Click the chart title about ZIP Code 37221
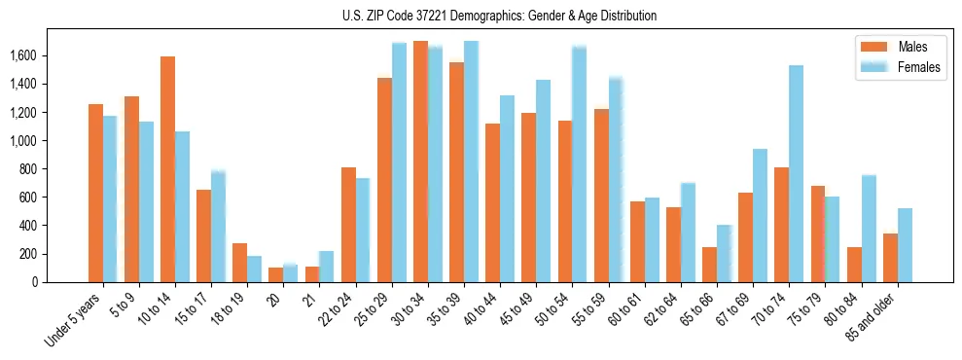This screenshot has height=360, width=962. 500,16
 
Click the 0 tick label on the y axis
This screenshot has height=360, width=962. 34,282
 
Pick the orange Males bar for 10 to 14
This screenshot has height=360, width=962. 167,169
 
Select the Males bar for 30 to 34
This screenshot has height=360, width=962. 420,162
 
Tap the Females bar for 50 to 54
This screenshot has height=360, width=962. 579,164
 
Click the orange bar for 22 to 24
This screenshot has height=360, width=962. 348,225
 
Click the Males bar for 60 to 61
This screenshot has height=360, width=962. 637,241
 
